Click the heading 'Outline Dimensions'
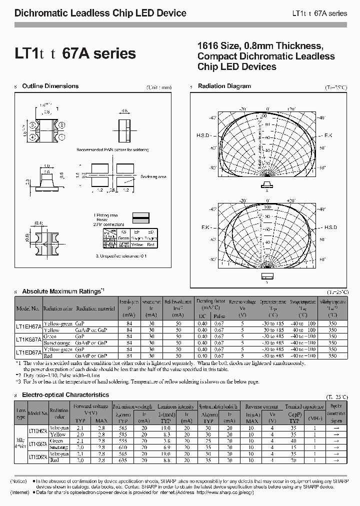point(50,86)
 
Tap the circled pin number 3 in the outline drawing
point(32,124)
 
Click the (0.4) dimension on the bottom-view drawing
point(38,222)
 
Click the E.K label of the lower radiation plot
point(206,227)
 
